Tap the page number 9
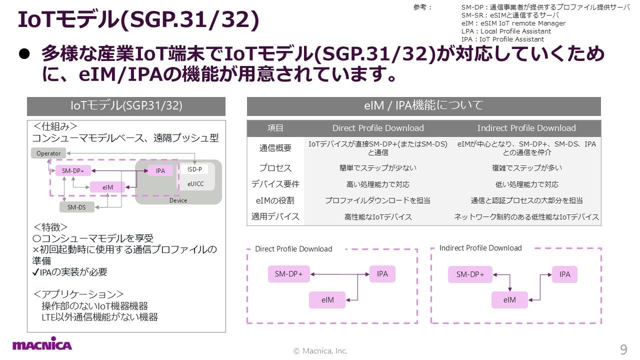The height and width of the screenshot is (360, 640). pyautogui.click(x=623, y=349)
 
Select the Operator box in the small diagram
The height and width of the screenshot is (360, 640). pyautogui.click(x=48, y=153)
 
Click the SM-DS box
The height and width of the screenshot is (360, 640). pyautogui.click(x=76, y=207)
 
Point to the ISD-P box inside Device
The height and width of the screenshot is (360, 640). pyautogui.click(x=194, y=169)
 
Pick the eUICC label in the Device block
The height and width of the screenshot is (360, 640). pyautogui.click(x=195, y=184)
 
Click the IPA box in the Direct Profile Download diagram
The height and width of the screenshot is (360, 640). pyautogui.click(x=382, y=274)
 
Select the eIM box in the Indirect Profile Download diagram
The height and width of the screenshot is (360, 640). pyautogui.click(x=509, y=300)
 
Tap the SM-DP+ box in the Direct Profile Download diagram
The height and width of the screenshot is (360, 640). pyautogui.click(x=289, y=274)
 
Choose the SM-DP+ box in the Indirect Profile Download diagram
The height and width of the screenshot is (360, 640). pyautogui.click(x=470, y=274)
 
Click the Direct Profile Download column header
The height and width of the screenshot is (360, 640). pyautogui.click(x=378, y=128)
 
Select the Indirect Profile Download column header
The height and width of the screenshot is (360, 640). pyautogui.click(x=526, y=128)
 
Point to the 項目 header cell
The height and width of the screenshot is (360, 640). pyautogui.click(x=275, y=128)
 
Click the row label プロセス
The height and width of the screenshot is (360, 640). pyautogui.click(x=275, y=168)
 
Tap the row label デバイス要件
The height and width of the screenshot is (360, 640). pyautogui.click(x=275, y=184)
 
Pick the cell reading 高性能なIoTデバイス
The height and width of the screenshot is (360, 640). pyautogui.click(x=378, y=216)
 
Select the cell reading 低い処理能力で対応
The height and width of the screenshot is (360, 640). pyautogui.click(x=526, y=184)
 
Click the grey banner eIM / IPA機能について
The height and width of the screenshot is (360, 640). pyautogui.click(x=423, y=106)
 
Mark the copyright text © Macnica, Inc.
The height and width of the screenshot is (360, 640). pyautogui.click(x=320, y=351)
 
